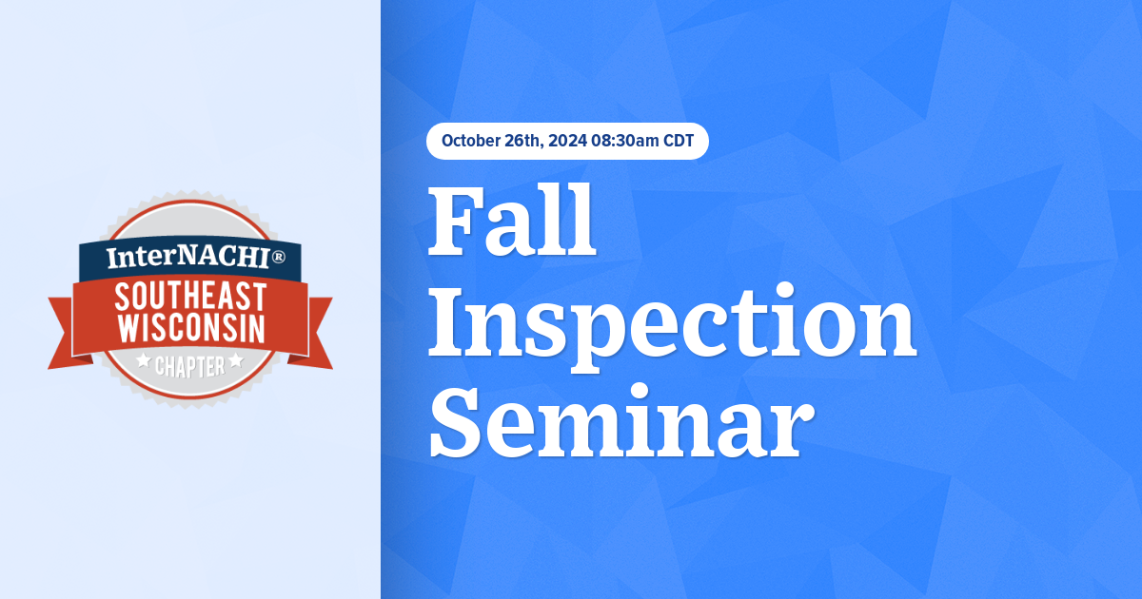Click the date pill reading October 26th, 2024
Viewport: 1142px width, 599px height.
pos(567,142)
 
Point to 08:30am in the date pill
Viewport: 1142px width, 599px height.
pos(624,142)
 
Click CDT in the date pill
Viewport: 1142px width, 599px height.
pos(678,142)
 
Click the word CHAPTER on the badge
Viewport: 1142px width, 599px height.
pos(190,364)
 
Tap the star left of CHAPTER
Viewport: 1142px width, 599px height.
pos(144,361)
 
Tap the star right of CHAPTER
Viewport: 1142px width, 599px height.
pos(236,361)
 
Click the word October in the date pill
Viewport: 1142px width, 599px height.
pos(468,142)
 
